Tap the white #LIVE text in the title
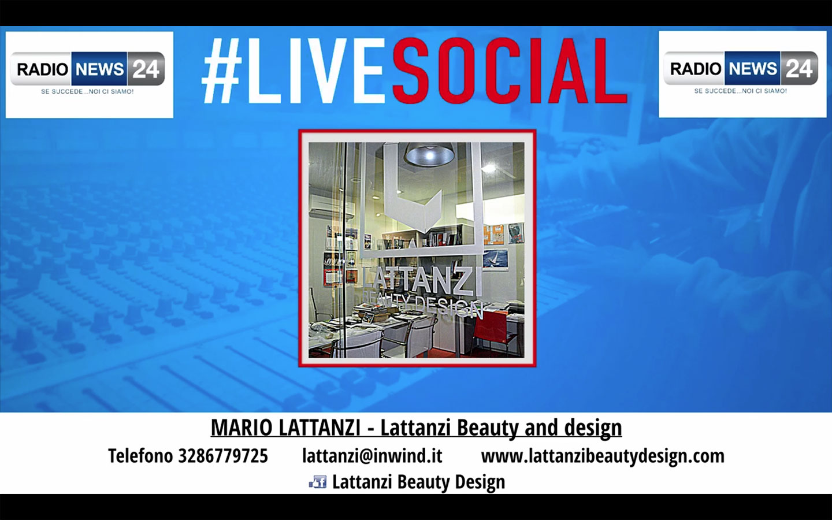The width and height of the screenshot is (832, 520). pyautogui.click(x=293, y=70)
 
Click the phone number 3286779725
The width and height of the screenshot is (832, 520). pyautogui.click(x=223, y=456)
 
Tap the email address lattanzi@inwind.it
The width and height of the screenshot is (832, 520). pyautogui.click(x=372, y=456)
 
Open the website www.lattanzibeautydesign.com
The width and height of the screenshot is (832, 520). pyautogui.click(x=603, y=456)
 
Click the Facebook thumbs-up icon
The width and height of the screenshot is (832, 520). pyautogui.click(x=318, y=482)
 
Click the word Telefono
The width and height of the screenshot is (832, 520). pyautogui.click(x=140, y=456)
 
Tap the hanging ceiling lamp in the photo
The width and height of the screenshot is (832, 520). pyautogui.click(x=429, y=153)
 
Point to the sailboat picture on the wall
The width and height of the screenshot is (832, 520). pyautogui.click(x=496, y=258)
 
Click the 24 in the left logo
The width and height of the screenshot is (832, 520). pyautogui.click(x=146, y=69)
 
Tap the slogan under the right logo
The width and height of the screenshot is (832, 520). pyautogui.click(x=741, y=91)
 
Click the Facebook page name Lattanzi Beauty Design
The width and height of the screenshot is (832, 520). pyautogui.click(x=418, y=482)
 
